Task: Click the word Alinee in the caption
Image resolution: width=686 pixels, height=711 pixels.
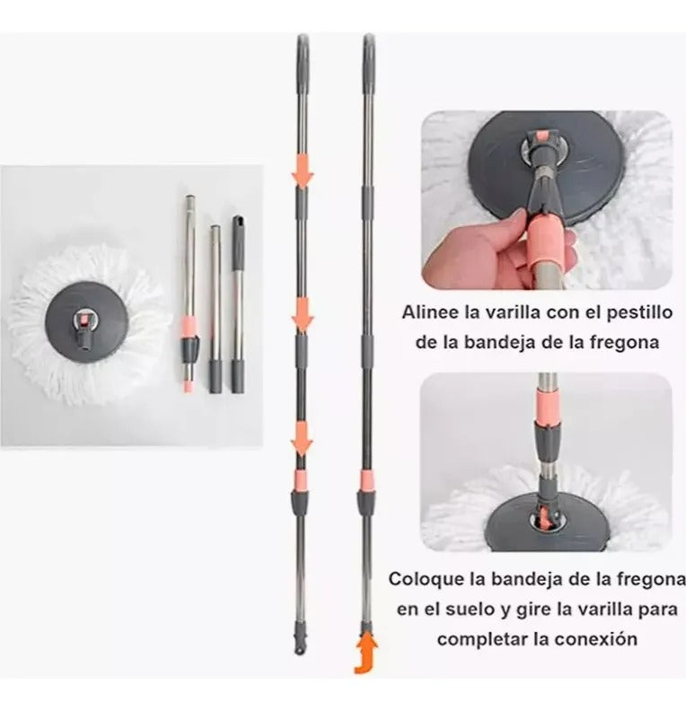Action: click(x=430, y=312)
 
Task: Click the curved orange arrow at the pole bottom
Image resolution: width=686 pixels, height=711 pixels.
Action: click(x=366, y=655)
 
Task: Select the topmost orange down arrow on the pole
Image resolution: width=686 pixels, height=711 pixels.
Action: click(x=303, y=170)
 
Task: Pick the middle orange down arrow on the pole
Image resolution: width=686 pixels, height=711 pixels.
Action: click(x=303, y=314)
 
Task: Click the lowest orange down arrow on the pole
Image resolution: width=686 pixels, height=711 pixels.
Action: click(x=302, y=438)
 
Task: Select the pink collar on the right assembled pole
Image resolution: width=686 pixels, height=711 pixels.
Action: click(x=367, y=481)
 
